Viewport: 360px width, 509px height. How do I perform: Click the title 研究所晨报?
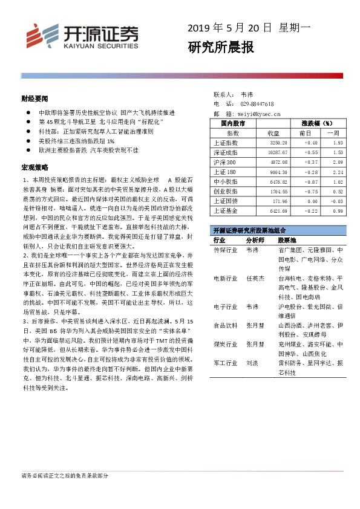coord(221,48)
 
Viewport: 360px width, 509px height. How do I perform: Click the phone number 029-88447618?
coord(257,104)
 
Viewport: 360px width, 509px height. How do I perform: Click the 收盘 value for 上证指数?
coord(267,143)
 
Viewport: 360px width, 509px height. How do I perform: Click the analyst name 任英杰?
coord(255,279)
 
